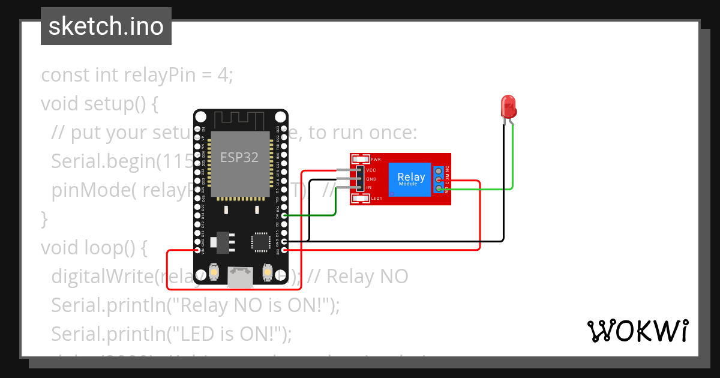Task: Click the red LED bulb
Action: click(508, 106)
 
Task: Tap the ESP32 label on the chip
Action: click(239, 157)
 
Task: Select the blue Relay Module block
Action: click(411, 179)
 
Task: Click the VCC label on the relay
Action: click(371, 170)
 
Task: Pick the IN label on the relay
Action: click(369, 188)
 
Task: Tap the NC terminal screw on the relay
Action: click(440, 171)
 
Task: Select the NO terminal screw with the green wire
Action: click(440, 189)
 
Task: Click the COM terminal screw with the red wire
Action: click(440, 180)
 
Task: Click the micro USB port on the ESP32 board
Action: click(240, 277)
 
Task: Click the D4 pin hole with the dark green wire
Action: click(284, 215)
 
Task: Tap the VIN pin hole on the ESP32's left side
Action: click(197, 250)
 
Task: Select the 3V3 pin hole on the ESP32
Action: click(284, 250)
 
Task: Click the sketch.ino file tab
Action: click(106, 26)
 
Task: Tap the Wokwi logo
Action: click(637, 331)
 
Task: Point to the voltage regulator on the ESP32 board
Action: click(223, 240)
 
